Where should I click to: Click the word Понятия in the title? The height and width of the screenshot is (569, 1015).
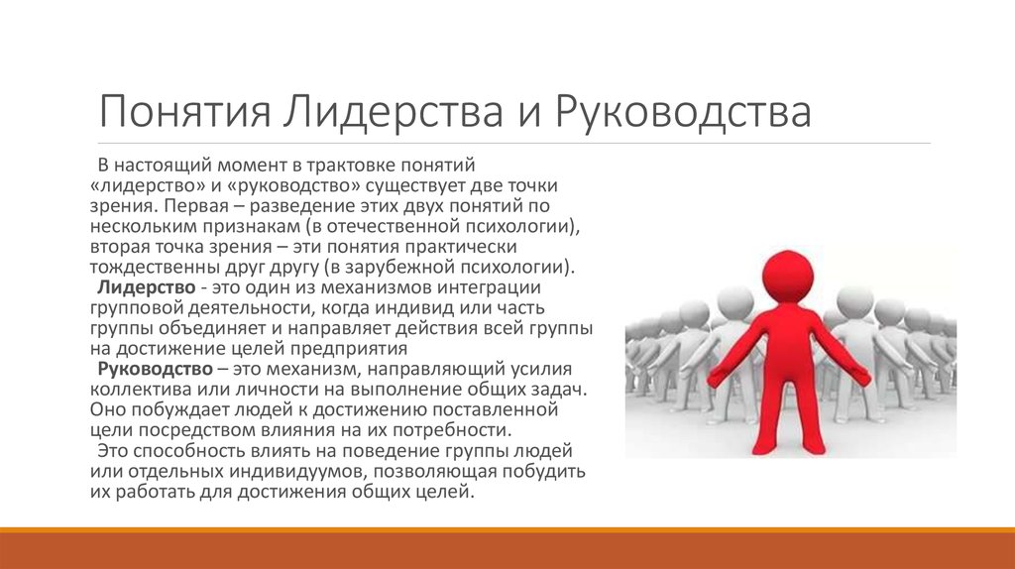click(184, 111)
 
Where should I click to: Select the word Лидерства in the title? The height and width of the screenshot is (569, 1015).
click(393, 111)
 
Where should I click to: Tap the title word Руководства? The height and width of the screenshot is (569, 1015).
click(683, 111)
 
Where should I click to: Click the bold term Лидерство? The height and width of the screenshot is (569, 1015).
click(147, 286)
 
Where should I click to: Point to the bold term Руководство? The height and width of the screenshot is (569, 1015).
click(155, 369)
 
